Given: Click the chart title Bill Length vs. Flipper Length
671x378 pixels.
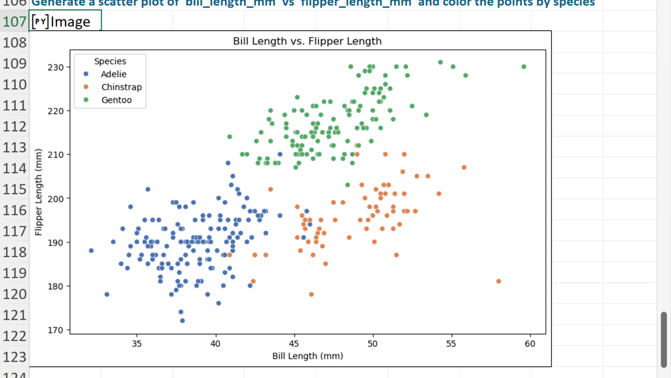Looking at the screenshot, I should pos(307,41).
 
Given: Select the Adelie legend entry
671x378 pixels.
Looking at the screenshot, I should pos(113,75).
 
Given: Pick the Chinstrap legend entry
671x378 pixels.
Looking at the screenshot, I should pos(121,87).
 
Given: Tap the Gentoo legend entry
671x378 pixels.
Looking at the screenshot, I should pos(116,100).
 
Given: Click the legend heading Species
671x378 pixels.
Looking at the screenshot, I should pos(110,61).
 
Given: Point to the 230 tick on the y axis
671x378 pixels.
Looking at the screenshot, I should pos(57,67).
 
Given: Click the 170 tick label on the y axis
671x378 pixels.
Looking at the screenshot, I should pos(57,330).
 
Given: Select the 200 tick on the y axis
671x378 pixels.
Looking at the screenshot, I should pos(57,198).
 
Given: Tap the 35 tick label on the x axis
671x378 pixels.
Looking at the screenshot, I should pos(137,343).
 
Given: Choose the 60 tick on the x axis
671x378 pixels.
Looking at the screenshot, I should pos(531,343).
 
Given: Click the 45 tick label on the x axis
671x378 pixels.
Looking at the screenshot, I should pos(295,343).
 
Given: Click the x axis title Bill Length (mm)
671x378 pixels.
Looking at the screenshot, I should pos(307,356).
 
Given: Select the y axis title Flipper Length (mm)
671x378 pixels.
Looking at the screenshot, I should pos(38,192).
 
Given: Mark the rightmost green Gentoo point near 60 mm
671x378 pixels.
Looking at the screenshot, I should pos(524,67).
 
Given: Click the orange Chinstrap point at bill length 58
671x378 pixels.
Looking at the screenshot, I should pos(499,281).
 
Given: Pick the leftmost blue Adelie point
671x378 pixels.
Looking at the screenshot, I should pos(91,250).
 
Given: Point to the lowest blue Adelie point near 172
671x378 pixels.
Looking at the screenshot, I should pos(182,320).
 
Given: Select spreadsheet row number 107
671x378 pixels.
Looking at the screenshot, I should pos(14,22).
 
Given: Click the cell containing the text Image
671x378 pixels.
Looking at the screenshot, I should pos(65,22).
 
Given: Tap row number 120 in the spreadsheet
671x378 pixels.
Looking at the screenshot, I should pos(14,294).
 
